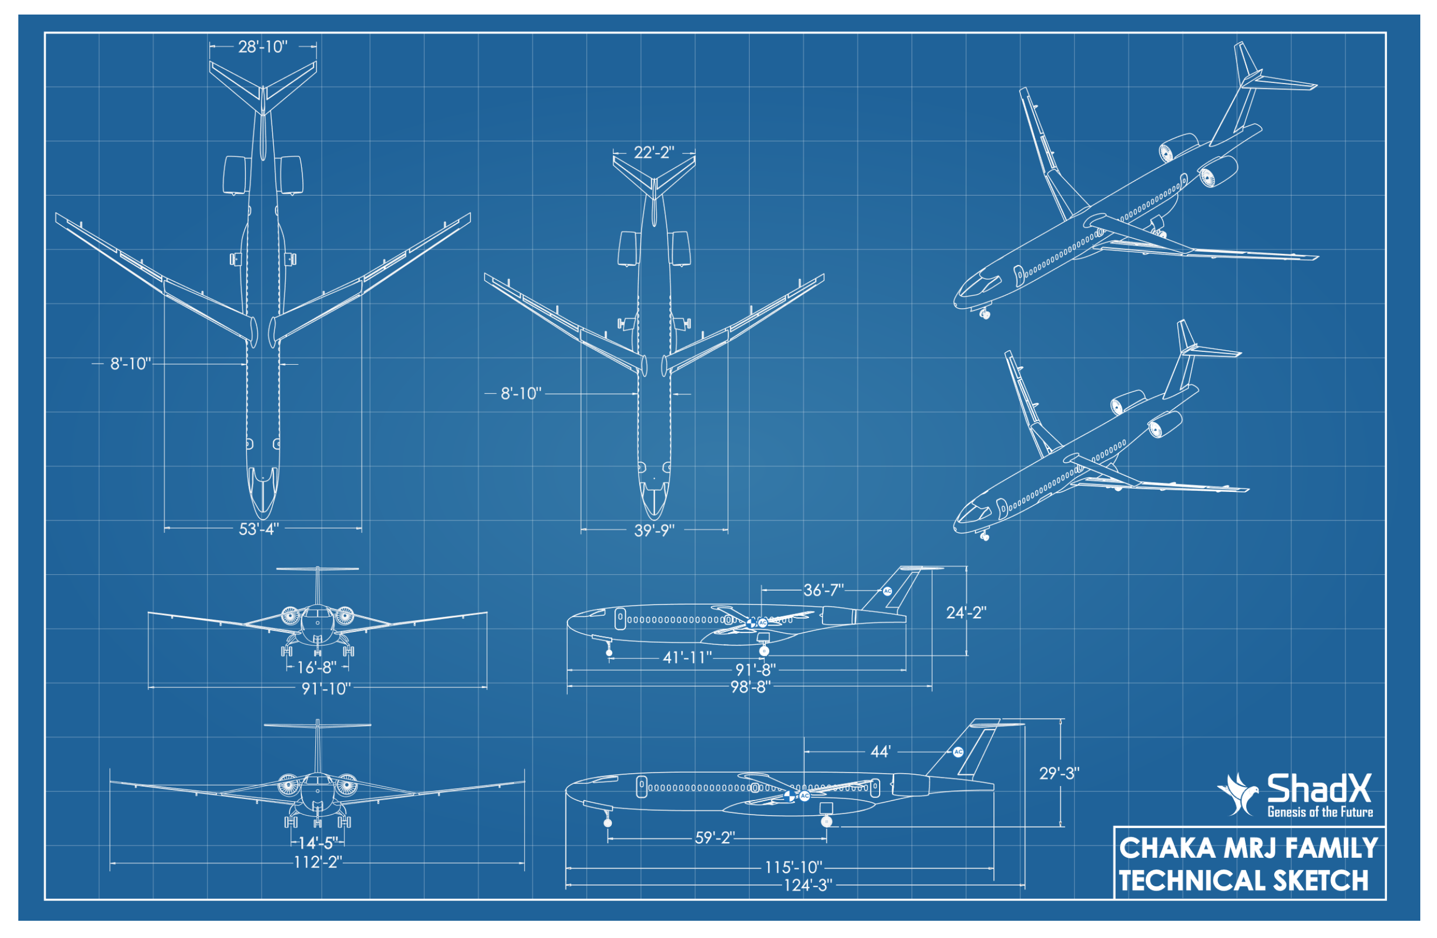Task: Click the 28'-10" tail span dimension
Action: [x=262, y=46]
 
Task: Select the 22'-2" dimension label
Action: [x=654, y=152]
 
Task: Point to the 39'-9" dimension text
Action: [x=654, y=531]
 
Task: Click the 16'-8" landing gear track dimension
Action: [x=317, y=668]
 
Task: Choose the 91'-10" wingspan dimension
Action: [x=326, y=689]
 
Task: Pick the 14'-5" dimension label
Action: [x=318, y=843]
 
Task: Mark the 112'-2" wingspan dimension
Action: [x=318, y=863]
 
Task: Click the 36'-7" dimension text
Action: [x=824, y=590]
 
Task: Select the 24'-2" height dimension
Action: [x=966, y=613]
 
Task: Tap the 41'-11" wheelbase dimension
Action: [x=687, y=657]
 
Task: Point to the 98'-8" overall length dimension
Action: [x=750, y=687]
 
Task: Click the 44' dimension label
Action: [x=880, y=752]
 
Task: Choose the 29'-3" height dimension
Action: [x=1059, y=774]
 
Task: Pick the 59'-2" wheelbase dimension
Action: [x=715, y=838]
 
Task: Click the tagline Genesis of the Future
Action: [x=1320, y=812]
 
